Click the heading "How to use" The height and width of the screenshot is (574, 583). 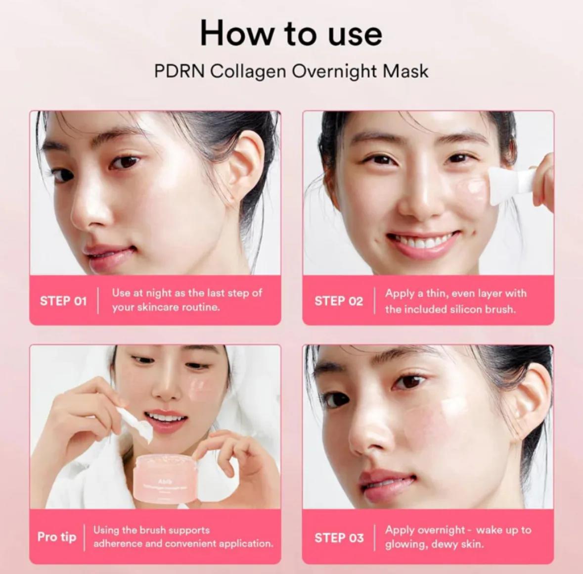pos(291,34)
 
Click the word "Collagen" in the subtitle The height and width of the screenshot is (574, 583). pos(248,71)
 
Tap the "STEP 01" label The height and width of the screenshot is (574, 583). pos(63,301)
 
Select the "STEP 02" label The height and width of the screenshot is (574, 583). pos(339,301)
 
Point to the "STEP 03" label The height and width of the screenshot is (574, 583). pos(339,537)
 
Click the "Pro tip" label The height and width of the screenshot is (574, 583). pos(57,537)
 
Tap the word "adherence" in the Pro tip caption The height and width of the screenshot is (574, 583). pos(118,544)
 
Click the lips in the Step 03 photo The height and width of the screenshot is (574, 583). pos(387,482)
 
